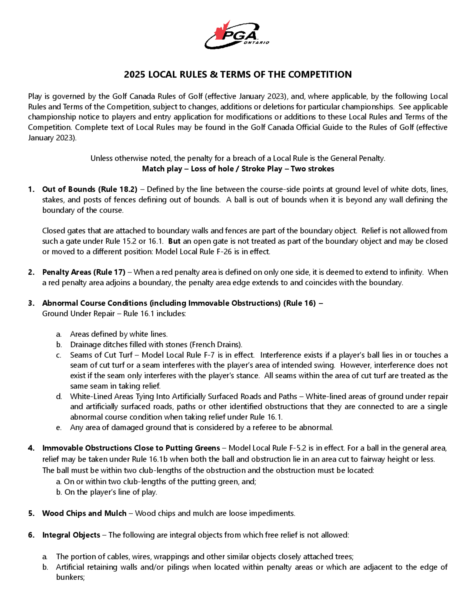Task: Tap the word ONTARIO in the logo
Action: point(256,43)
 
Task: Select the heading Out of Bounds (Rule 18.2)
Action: point(90,189)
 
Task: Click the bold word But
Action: point(174,241)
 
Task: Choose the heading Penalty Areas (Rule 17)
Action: point(84,272)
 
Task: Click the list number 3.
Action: point(31,303)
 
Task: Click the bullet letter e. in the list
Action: point(59,427)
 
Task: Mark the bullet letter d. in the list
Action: point(59,397)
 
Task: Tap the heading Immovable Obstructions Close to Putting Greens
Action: point(131,448)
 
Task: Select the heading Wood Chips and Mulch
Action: point(84,513)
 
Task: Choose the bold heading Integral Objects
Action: point(71,535)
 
